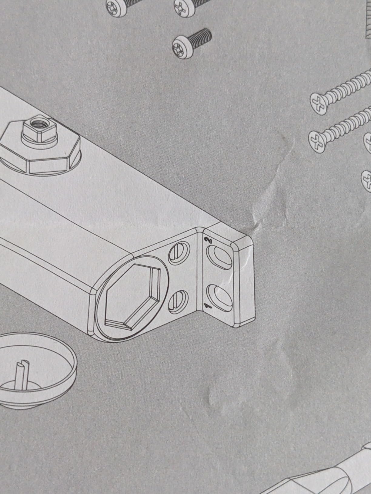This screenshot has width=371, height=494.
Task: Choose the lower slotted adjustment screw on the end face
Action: tap(178, 302)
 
